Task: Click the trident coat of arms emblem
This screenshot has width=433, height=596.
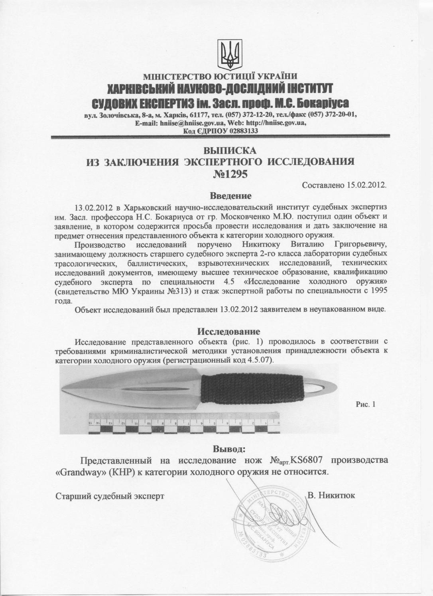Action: pyautogui.click(x=228, y=55)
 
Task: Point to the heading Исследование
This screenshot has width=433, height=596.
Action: pyautogui.click(x=229, y=332)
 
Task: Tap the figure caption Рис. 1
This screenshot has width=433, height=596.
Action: pyautogui.click(x=366, y=405)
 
